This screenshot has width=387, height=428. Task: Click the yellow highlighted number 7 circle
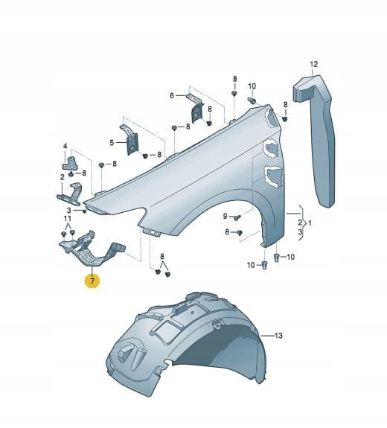92,281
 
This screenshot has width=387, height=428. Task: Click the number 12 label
314,65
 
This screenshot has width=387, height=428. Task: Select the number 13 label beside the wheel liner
278,336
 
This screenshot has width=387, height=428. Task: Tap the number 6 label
172,95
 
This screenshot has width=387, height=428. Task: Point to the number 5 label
112,142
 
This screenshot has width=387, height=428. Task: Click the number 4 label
65,147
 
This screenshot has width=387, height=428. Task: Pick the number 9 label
226,216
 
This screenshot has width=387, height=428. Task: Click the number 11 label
68,219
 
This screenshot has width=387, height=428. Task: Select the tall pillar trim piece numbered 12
314,141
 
